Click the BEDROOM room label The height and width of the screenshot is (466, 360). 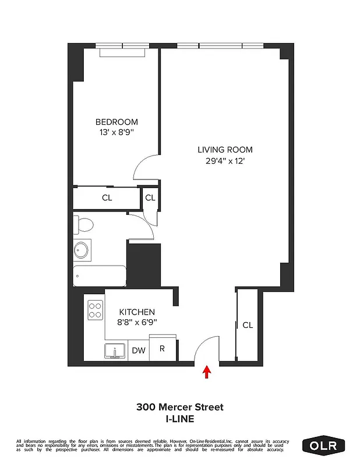click(117, 122)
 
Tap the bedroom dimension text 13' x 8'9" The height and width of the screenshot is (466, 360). click(117, 132)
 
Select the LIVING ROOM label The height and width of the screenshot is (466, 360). click(224, 150)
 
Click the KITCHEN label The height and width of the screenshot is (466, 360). click(137, 312)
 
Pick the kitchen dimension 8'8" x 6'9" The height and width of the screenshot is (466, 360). click(137, 322)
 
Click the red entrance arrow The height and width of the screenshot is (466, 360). click(206, 372)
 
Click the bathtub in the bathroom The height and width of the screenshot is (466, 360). click(100, 276)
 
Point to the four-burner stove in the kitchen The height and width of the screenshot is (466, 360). click(95, 310)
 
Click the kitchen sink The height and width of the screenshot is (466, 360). click(116, 351)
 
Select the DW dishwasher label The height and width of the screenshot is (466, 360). click(138, 351)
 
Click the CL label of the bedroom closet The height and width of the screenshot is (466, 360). click(107, 197)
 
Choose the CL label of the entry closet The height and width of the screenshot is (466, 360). click(248, 325)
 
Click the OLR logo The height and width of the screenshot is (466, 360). click(323, 446)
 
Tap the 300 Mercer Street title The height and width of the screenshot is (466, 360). click(180, 407)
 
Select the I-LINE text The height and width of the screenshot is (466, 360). click(180, 418)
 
